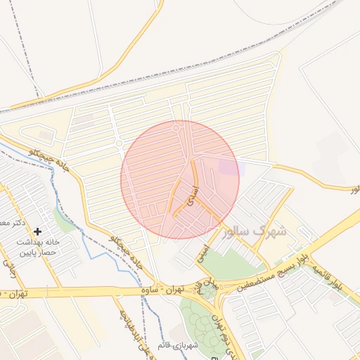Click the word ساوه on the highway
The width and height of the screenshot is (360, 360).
coord(150,289)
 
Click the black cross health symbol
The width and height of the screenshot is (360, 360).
coord(37,231)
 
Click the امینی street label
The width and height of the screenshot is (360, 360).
coord(204,250)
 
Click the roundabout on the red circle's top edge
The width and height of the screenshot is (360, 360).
coord(176,127)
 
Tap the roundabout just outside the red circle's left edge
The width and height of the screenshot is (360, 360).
coord(120,144)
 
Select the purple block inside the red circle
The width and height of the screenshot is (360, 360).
coord(229,167)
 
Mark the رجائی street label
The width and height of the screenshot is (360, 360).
coord(10,267)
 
